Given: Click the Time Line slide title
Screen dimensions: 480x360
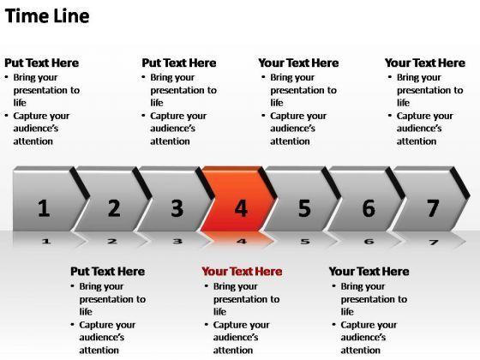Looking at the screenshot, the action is pos(47,16).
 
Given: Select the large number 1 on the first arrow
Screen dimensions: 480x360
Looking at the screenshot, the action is pos(44,208).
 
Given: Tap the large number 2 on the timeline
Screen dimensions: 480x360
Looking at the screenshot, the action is pos(114,208).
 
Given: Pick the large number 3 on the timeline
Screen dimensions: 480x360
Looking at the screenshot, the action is pos(177,208).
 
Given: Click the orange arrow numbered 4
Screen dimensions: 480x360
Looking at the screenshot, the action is pos(237,199).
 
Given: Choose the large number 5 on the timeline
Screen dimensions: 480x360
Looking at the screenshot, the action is pos(304,208).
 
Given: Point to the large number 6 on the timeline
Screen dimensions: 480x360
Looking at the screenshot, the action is pos(369,208).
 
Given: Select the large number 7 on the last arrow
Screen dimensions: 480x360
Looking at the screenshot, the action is pos(433,208).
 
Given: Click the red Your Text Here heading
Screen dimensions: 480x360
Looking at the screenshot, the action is pos(242,272).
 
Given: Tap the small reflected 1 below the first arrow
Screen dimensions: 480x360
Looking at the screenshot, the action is pos(46,242).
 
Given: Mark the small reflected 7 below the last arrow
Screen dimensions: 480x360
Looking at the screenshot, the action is pos(434,243).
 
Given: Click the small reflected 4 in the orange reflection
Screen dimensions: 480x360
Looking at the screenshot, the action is pos(242,242).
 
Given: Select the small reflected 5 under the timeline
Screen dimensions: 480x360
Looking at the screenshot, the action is pos(305,242).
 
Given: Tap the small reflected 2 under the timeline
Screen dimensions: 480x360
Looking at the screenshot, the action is pos(112,242).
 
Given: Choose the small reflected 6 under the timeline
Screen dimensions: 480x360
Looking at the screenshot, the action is pos(369,242).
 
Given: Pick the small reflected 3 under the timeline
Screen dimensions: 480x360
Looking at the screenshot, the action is pos(177,242).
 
